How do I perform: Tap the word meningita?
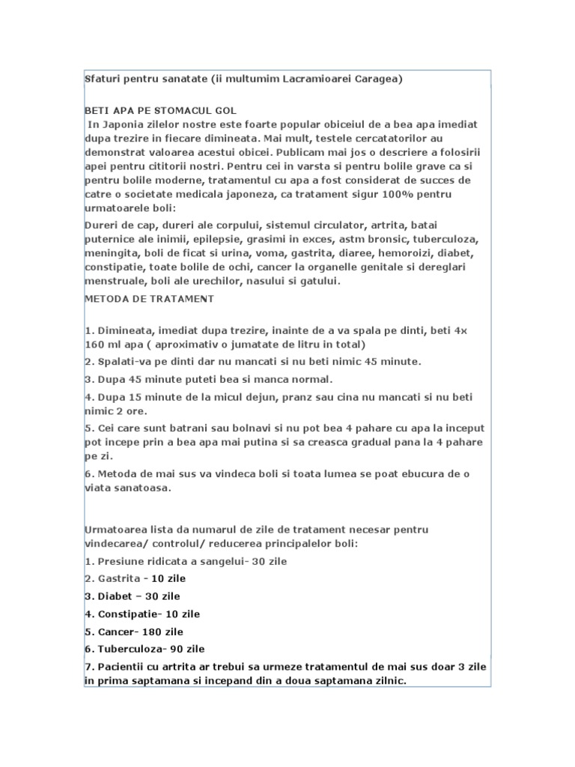(x=112, y=254)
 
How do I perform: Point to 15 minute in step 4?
(x=157, y=396)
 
